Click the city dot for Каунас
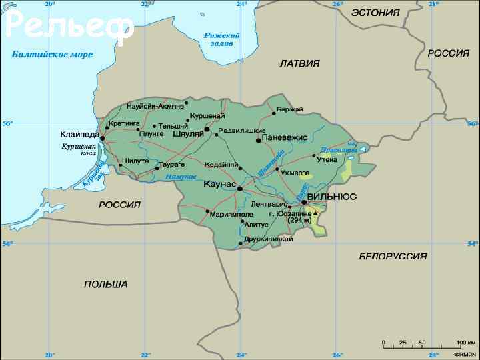coord(240,189)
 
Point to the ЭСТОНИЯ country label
coord(375,12)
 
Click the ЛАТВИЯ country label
coord(299,63)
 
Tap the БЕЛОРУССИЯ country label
coord(393,256)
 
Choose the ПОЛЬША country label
coord(105,284)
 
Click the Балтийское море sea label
coord(52,54)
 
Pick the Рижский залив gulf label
coord(221,39)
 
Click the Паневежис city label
coord(285,137)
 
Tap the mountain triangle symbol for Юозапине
coord(315,213)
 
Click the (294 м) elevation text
coord(299,220)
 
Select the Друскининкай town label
coord(268,239)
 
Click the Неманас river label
coord(181,177)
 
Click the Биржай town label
coord(290,109)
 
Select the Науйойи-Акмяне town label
coord(155,106)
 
